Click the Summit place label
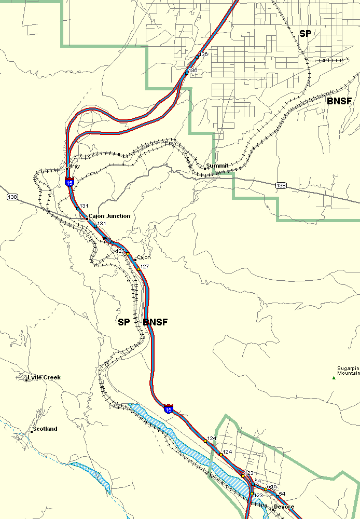(x=217, y=166)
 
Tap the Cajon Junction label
(x=109, y=216)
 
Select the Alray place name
(x=75, y=167)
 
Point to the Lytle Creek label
(x=44, y=377)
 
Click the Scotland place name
(x=45, y=429)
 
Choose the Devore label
(x=284, y=507)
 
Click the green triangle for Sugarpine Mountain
(x=334, y=378)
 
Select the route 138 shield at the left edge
(x=12, y=197)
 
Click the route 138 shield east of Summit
(x=281, y=185)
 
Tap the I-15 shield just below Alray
(x=69, y=182)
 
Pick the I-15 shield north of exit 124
(x=168, y=408)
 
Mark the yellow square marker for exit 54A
(x=265, y=489)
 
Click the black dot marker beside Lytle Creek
(x=26, y=380)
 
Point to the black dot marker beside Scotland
(x=31, y=431)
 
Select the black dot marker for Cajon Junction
(x=87, y=218)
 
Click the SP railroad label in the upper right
(x=306, y=34)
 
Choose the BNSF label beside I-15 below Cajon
(x=155, y=322)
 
